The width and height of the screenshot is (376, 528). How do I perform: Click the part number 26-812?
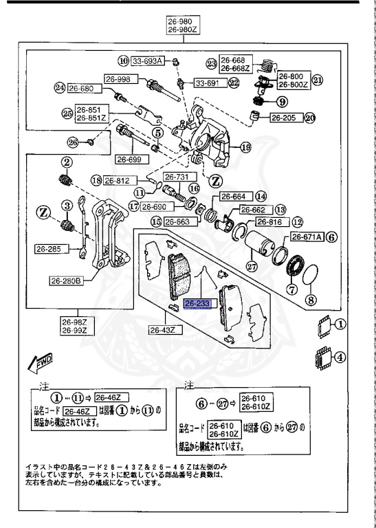[118, 181]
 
